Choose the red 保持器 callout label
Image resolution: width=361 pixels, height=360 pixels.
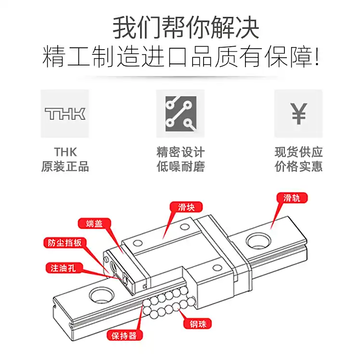coord(124,335)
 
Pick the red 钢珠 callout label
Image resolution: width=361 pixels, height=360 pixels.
coord(197,324)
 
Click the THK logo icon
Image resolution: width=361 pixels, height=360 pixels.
coord(65,114)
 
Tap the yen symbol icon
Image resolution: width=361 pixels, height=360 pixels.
coord(298,114)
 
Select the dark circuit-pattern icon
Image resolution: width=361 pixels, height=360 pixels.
coord(180,114)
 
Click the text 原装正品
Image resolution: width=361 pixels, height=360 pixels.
coord(65,167)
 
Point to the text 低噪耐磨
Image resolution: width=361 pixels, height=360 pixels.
coord(180,167)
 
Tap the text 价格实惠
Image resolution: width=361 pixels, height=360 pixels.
coord(298,167)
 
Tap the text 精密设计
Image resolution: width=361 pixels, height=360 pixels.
coord(180,153)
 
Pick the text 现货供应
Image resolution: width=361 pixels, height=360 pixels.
coord(298,153)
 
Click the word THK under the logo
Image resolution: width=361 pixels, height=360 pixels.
coord(65,153)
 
